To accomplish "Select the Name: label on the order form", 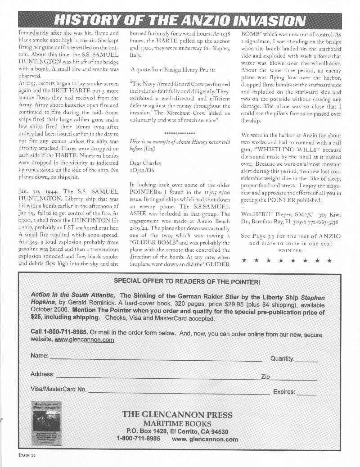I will coord(40,356).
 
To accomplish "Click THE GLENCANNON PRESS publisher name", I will coord(177,415).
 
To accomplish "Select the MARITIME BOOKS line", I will coord(177,424).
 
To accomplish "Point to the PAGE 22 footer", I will coord(27,455).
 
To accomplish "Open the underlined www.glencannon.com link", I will coord(84,340).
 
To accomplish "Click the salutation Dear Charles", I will coord(145,163).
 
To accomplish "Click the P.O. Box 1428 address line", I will coord(177,431).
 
